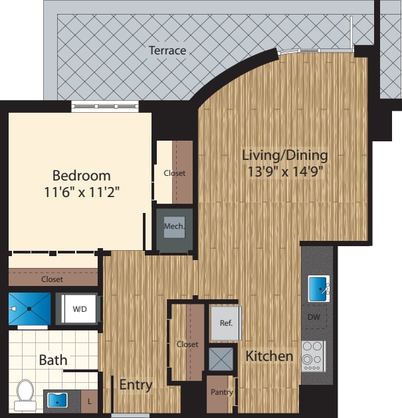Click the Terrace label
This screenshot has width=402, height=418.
[x=167, y=50]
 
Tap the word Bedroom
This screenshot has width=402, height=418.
[x=81, y=176]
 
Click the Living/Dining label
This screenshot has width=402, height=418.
[x=284, y=155]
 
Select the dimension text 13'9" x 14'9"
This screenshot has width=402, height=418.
[x=284, y=171]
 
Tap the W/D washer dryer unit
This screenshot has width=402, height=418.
[x=79, y=309]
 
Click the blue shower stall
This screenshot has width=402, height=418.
[x=29, y=309]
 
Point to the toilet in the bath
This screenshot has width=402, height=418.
[x=25, y=391]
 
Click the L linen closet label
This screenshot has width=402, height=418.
[x=90, y=401]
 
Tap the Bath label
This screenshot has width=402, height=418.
[x=52, y=360]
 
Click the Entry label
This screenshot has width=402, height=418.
[x=136, y=385]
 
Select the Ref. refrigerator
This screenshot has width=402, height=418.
[x=225, y=323]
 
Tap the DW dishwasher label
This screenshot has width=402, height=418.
[x=314, y=317]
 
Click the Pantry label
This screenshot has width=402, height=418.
[x=221, y=392]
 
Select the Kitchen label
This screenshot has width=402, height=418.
[x=269, y=356]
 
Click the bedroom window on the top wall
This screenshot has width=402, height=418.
[x=105, y=106]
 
